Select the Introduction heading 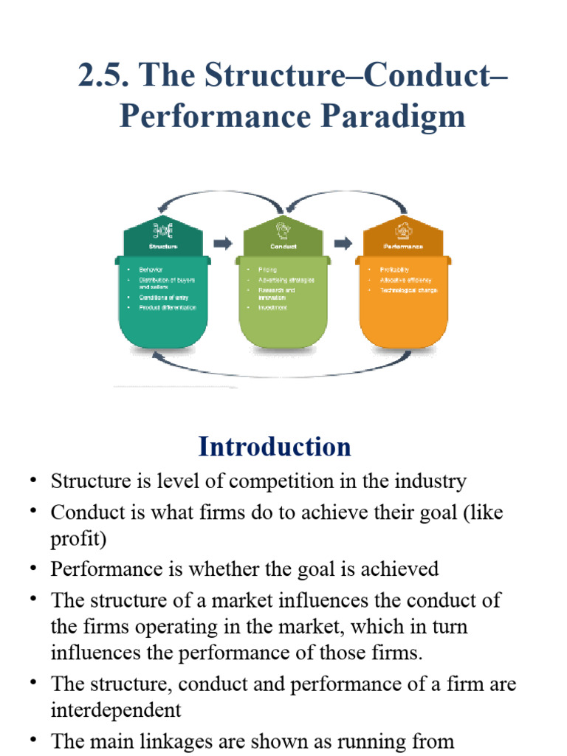[x=275, y=447]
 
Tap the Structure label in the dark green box [x=163, y=246]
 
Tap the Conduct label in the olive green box [x=283, y=246]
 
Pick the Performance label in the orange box [x=403, y=246]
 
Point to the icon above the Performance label [x=403, y=230]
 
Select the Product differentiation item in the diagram [x=168, y=307]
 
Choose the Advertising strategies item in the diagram [x=286, y=280]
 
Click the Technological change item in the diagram [x=408, y=290]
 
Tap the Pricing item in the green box [x=267, y=270]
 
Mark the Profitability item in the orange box [x=394, y=270]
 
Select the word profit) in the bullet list [x=78, y=539]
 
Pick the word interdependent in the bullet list [x=116, y=710]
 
